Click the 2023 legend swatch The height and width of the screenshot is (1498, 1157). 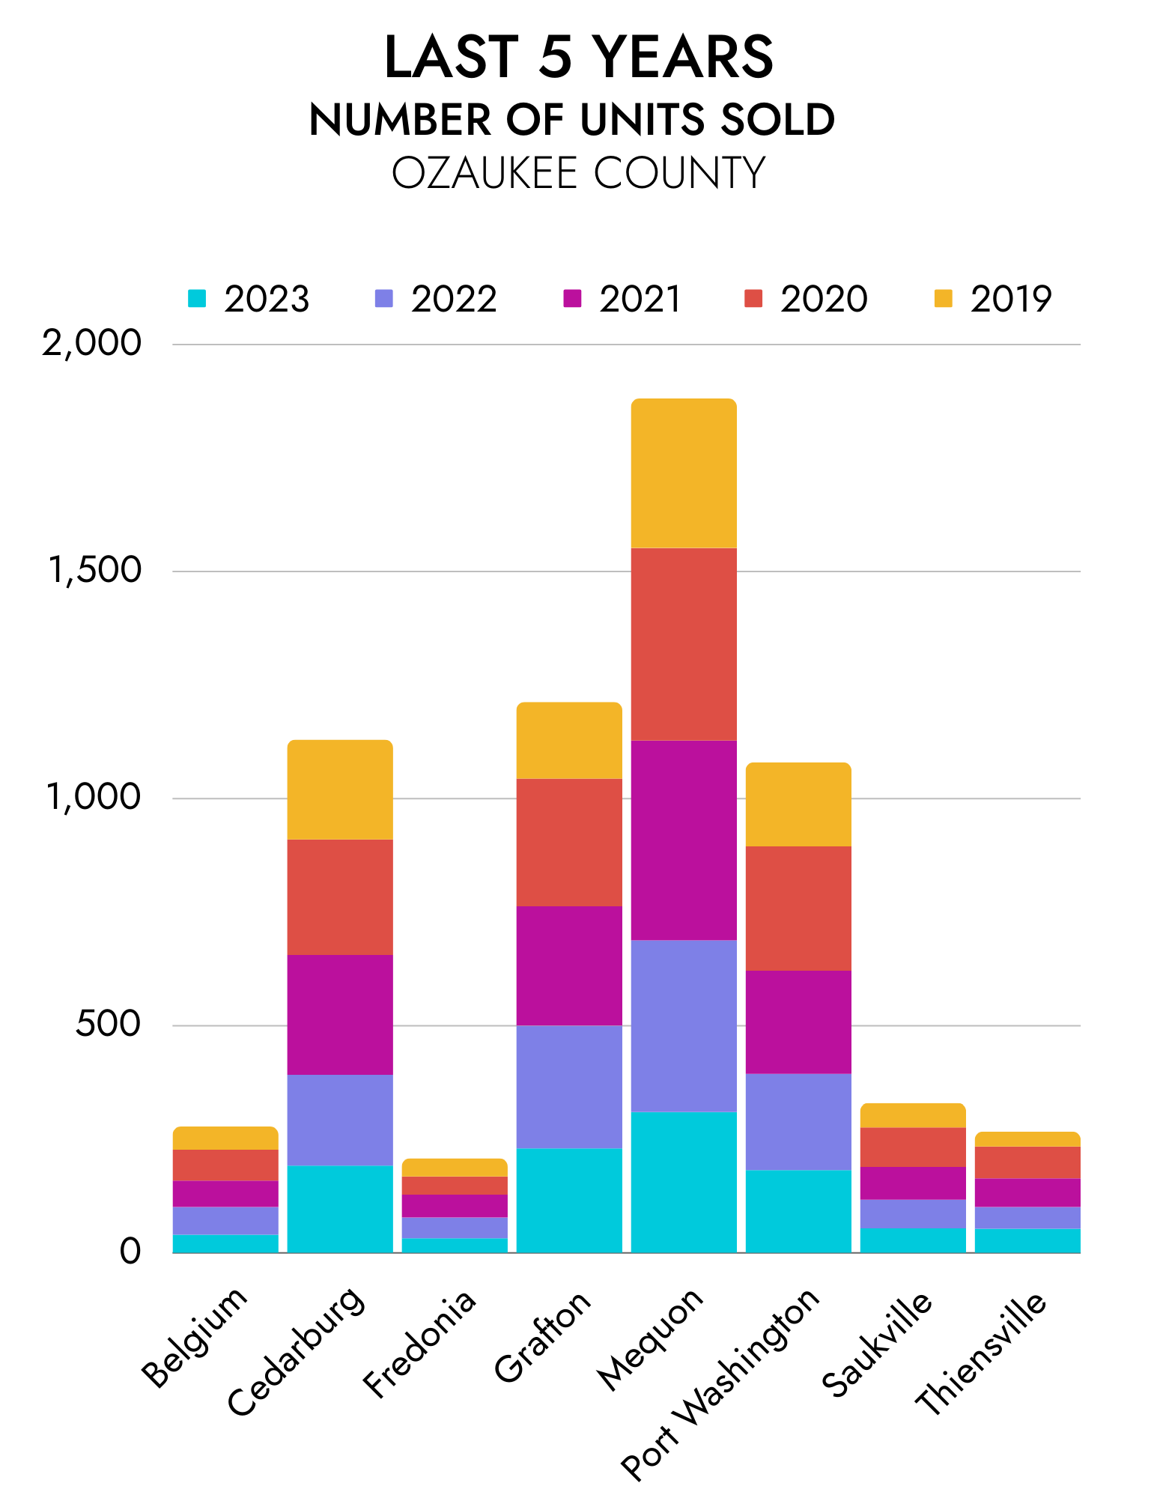click(197, 298)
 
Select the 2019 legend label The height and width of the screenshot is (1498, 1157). click(1011, 299)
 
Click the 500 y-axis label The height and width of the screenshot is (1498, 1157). click(108, 1025)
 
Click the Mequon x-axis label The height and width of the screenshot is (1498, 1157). click(651, 1338)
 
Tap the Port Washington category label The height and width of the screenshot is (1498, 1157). click(721, 1384)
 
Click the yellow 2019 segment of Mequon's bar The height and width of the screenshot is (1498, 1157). click(684, 473)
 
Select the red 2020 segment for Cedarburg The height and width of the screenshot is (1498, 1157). click(340, 897)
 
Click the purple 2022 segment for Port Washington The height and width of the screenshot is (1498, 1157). click(798, 1121)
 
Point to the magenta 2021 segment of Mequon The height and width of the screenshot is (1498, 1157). click(684, 840)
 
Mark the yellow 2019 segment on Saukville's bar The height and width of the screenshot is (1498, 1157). click(913, 1115)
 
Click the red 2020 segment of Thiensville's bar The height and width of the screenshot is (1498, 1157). click(1027, 1162)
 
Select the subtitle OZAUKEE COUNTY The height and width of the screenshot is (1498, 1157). click(578, 173)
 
